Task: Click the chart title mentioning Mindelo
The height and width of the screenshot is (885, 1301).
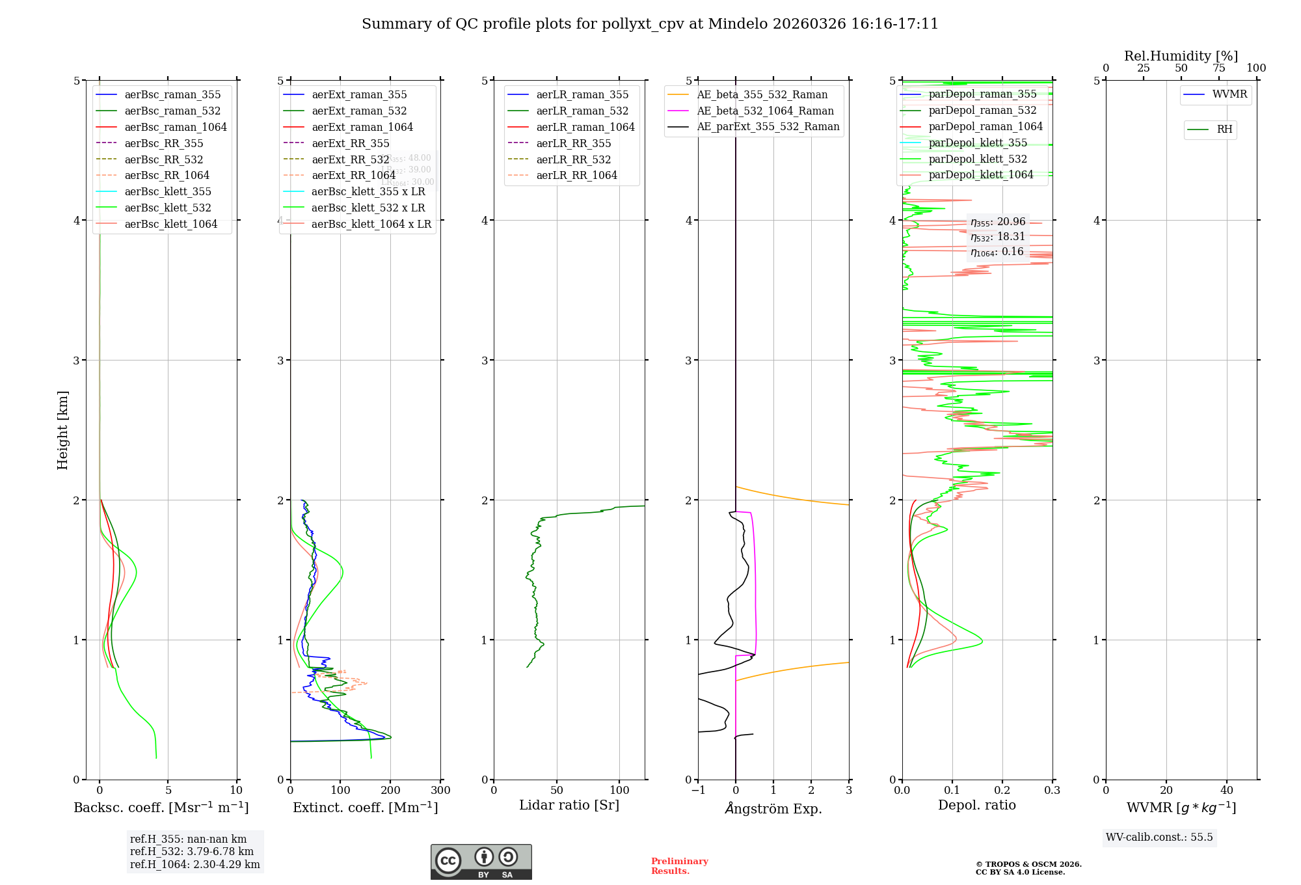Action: tap(650, 24)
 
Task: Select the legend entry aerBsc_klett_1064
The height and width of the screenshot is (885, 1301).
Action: tap(171, 224)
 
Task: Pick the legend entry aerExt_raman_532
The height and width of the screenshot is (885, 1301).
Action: tap(359, 111)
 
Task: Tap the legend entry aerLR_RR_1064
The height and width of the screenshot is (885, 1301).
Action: tap(576, 175)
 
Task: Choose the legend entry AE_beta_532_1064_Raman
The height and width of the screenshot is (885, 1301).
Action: tap(765, 111)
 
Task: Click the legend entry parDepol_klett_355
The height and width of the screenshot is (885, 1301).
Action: tap(978, 143)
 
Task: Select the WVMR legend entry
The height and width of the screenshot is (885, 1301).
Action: tap(1229, 94)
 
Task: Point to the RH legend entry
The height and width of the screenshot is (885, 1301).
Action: tap(1224, 129)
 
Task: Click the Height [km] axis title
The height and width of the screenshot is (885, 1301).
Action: tap(62, 429)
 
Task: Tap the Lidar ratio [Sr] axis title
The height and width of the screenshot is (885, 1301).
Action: tap(569, 805)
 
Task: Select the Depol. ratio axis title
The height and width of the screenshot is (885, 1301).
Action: tap(976, 805)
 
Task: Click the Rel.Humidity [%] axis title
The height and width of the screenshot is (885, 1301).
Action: tap(1181, 56)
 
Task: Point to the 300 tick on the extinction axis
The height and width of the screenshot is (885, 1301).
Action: tap(440, 790)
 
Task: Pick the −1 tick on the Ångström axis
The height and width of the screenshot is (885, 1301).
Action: tap(698, 790)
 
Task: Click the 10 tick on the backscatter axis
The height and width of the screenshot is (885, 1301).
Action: tap(236, 790)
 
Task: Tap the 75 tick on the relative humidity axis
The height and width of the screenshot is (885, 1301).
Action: tap(1218, 68)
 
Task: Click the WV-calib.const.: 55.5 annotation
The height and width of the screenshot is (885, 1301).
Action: tap(1159, 837)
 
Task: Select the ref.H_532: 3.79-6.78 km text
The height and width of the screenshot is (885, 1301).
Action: tap(192, 851)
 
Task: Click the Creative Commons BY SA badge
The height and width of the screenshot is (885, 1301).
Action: tap(481, 862)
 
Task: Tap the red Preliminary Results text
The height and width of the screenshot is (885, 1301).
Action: tap(679, 865)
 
